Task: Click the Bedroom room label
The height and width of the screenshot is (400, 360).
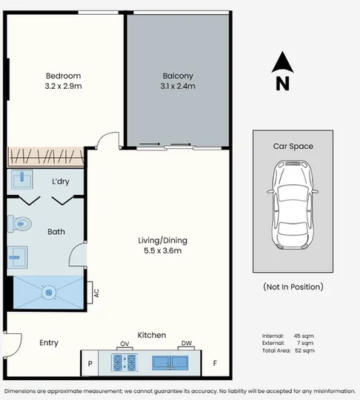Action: pyautogui.click(x=63, y=76)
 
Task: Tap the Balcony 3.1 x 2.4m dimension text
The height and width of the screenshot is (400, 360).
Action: pyautogui.click(x=178, y=86)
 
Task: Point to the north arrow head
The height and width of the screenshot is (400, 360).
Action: pyautogui.click(x=282, y=62)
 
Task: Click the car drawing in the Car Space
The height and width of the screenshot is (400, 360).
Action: pyautogui.click(x=293, y=205)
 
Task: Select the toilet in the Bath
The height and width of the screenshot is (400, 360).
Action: pyautogui.click(x=19, y=224)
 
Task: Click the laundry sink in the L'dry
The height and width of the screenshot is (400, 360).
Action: pyautogui.click(x=22, y=179)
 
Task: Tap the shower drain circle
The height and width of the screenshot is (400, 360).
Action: pyautogui.click(x=49, y=293)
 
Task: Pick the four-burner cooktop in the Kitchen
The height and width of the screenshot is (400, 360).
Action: pyautogui.click(x=124, y=363)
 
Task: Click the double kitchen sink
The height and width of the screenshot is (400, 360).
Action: pyautogui.click(x=170, y=363)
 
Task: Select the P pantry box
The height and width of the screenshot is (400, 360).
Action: pyautogui.click(x=90, y=363)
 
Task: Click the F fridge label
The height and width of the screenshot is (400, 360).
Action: pyautogui.click(x=215, y=363)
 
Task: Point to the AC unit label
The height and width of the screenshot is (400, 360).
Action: pyautogui.click(x=96, y=293)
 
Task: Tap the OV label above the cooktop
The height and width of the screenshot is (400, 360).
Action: pyautogui.click(x=124, y=344)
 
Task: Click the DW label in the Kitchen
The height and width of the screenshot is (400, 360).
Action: pyautogui.click(x=187, y=343)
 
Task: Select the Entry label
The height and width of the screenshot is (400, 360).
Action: pyautogui.click(x=49, y=343)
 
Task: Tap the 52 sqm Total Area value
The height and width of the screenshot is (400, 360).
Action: pyautogui.click(x=304, y=350)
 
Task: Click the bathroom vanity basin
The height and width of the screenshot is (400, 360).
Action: pyautogui.click(x=18, y=257)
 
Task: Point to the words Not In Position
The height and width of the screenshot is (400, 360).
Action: pyautogui.click(x=293, y=287)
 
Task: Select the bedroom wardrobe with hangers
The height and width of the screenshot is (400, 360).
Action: pyautogui.click(x=45, y=156)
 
